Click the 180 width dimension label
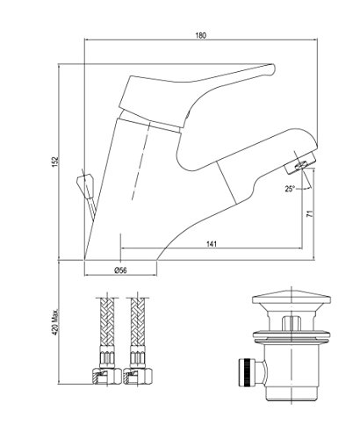click(x=201, y=35)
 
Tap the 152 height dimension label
click(x=55, y=162)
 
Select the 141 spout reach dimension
click(x=212, y=244)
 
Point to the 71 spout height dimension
click(x=310, y=213)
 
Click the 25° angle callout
click(x=290, y=189)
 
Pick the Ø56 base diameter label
click(x=120, y=270)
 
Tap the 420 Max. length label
click(x=55, y=323)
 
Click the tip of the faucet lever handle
click(x=274, y=68)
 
